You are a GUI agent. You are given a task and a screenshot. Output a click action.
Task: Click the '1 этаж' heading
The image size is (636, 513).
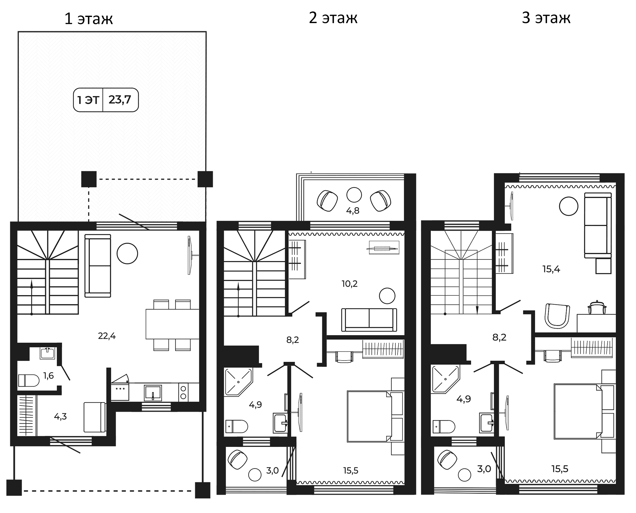pyautogui.click(x=89, y=19)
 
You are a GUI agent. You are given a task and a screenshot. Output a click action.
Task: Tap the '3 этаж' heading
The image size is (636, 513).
pyautogui.click(x=546, y=18)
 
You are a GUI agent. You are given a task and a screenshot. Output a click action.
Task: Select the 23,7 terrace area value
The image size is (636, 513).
pyautogui.click(x=120, y=100)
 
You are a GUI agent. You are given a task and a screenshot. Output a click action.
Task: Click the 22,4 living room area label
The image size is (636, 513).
pyautogui.click(x=107, y=336)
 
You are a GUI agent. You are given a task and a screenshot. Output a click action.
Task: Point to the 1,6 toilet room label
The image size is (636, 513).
pyautogui.click(x=48, y=376)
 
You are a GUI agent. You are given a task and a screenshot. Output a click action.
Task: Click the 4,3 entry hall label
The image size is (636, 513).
pyautogui.click(x=60, y=417)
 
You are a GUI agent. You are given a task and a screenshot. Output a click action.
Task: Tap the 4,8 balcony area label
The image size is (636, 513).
pyautogui.click(x=353, y=211)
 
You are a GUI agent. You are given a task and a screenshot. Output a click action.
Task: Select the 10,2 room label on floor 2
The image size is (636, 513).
pyautogui.click(x=349, y=284)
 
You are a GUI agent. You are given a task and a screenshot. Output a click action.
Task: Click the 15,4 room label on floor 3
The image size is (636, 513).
pyautogui.click(x=551, y=269)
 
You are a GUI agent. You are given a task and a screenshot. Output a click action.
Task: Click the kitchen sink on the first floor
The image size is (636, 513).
pyautogui.click(x=153, y=393)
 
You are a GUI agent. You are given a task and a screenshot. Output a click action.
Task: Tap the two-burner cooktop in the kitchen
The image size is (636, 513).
pyautogui.click(x=183, y=392)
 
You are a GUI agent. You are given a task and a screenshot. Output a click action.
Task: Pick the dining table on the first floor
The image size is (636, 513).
pyautogui.click(x=172, y=324)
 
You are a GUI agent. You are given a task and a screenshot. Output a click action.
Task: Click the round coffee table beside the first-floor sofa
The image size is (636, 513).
pyautogui.click(x=128, y=254)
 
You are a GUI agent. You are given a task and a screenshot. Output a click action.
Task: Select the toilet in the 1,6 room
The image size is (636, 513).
pyautogui.click(x=28, y=381)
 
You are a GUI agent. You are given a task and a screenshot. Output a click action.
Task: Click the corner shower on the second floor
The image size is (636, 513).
pyautogui.click(x=239, y=382)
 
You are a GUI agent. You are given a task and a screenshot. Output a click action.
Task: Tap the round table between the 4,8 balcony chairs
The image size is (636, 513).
pyautogui.click(x=354, y=195)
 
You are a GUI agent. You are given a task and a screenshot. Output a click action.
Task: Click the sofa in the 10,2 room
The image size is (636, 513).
pyautogui.click(x=369, y=320)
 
